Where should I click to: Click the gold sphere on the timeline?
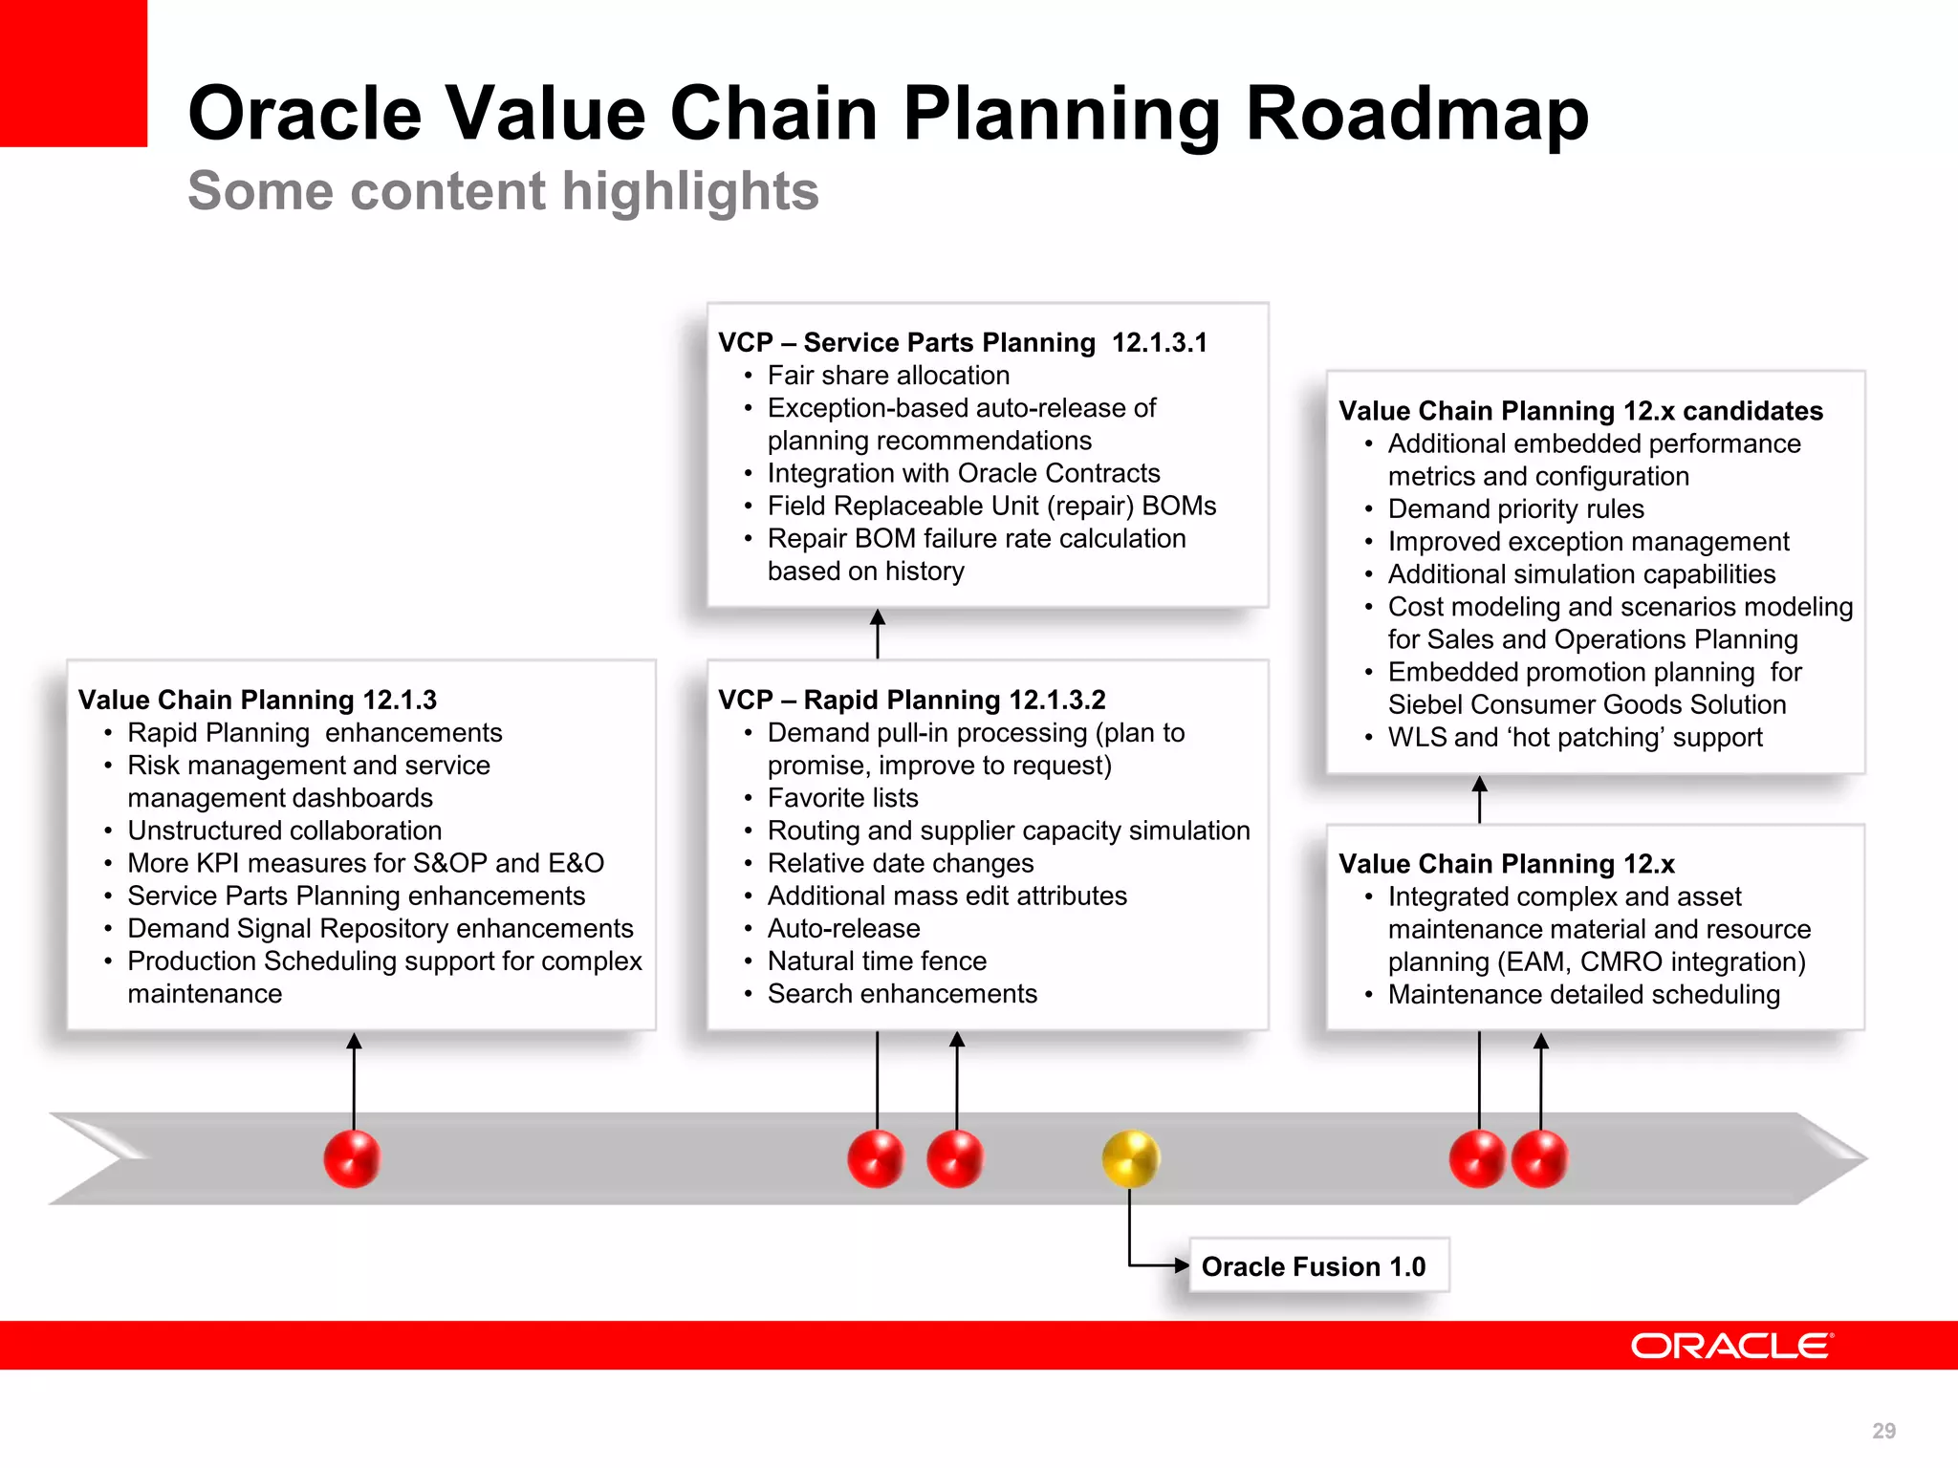1130,1158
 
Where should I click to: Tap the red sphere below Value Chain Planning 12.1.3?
353,1158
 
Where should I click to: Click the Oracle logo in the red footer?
1731,1346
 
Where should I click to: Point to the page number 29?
1883,1431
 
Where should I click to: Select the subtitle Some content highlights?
503,191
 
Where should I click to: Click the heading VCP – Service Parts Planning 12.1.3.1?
962,342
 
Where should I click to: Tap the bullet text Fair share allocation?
888,376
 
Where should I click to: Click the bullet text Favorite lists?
842,798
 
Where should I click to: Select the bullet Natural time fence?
877,961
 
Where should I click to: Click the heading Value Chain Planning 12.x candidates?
1580,411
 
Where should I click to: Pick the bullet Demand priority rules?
1515,508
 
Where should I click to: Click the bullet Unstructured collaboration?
284,831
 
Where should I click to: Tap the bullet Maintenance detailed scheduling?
1583,994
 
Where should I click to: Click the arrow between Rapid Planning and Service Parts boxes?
878,633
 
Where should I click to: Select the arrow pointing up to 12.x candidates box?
1479,799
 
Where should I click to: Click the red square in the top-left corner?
73,73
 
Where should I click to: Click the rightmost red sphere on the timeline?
1540,1158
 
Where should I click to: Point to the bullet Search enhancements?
902,994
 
